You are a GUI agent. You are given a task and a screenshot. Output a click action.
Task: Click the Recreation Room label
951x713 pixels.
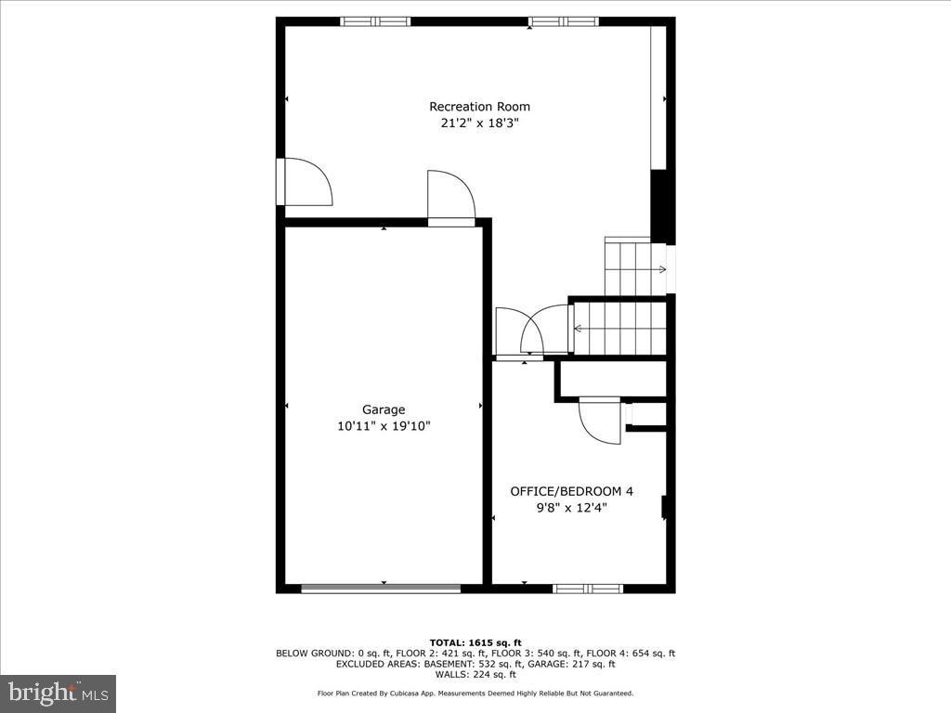point(479,107)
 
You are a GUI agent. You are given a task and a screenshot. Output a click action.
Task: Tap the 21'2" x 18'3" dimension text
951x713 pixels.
point(479,123)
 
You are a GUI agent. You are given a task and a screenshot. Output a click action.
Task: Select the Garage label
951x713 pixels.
point(384,409)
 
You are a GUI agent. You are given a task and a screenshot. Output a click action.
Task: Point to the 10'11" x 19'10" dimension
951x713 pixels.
point(384,426)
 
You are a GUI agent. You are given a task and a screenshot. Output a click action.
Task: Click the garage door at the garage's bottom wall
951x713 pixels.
point(381,588)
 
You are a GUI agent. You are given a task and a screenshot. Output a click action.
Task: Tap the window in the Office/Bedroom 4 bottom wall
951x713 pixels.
point(588,588)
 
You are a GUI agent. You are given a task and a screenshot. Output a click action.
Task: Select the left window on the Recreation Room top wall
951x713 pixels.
point(375,21)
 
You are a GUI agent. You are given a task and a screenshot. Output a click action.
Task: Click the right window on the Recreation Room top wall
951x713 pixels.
point(564,21)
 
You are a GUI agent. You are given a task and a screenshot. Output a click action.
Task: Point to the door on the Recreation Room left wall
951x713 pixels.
point(306,183)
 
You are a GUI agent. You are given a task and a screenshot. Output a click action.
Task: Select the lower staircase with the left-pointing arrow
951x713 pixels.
point(619,328)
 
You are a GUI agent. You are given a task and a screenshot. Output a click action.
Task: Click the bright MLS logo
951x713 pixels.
point(59,693)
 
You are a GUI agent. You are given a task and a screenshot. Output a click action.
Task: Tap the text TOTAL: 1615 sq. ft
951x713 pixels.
point(475,642)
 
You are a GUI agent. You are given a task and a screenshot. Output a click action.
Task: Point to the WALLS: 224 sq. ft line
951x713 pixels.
point(475,674)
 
